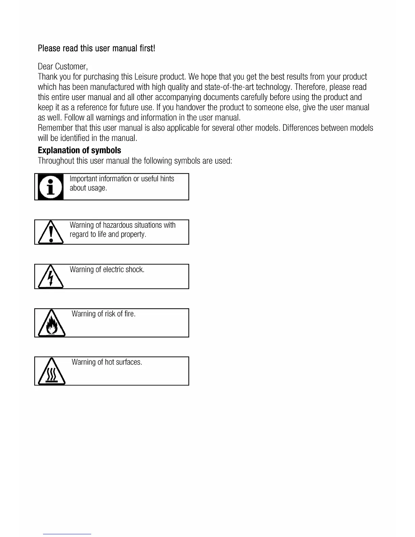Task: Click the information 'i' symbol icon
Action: pyautogui.click(x=50, y=187)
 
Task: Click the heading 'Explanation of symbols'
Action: pyautogui.click(x=79, y=151)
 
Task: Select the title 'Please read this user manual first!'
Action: pyautogui.click(x=96, y=48)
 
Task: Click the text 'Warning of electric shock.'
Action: pyautogui.click(x=107, y=270)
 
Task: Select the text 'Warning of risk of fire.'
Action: pyautogui.click(x=103, y=314)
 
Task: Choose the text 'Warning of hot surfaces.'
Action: pyautogui.click(x=107, y=362)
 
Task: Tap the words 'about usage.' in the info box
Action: pyautogui.click(x=88, y=188)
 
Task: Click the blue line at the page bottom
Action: pyautogui.click(x=67, y=534)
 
